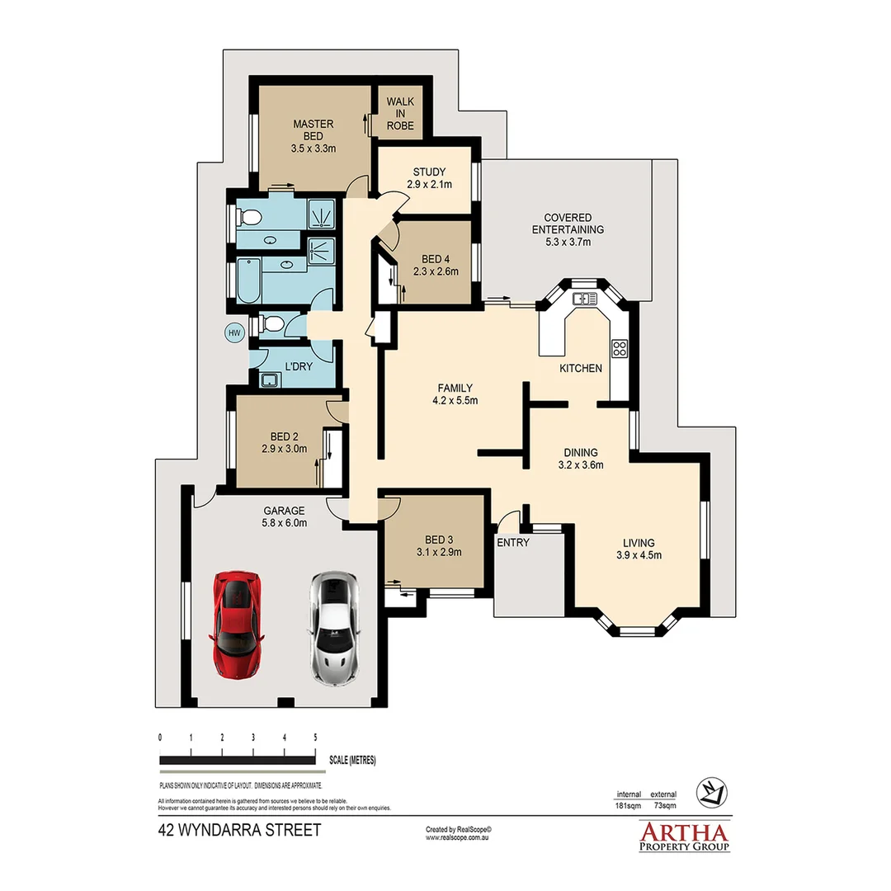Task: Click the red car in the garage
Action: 238,625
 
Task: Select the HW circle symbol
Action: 234,333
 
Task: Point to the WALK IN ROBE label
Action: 400,114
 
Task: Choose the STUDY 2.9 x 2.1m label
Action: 429,178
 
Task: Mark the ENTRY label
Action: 512,542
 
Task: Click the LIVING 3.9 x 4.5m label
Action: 639,549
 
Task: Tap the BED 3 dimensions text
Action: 438,553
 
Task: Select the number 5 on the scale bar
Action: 315,737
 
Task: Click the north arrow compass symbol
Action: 711,792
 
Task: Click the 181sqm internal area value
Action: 628,805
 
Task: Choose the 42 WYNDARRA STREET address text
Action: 239,830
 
